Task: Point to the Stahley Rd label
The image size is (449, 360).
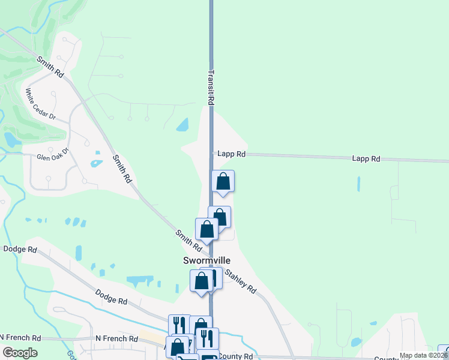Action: (x=240, y=282)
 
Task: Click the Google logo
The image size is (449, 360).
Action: (x=20, y=353)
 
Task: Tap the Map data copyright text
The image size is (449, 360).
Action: (x=423, y=355)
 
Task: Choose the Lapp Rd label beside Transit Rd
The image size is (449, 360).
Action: (x=232, y=154)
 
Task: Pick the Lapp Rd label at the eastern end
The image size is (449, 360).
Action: (x=366, y=159)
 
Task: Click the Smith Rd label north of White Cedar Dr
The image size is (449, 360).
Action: (x=50, y=67)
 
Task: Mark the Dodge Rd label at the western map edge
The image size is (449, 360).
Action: (x=20, y=249)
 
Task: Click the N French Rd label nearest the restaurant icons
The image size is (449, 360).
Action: (x=118, y=338)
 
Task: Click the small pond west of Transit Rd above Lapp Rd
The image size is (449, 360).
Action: (x=182, y=125)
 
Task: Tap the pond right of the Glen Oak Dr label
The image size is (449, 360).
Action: (x=95, y=163)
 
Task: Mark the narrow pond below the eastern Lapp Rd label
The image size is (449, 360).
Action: (x=358, y=184)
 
